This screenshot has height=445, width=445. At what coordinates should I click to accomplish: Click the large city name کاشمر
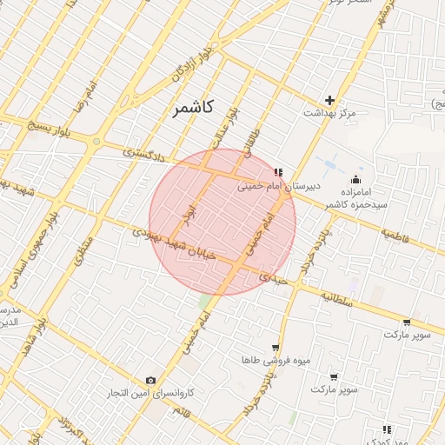[x=188, y=108]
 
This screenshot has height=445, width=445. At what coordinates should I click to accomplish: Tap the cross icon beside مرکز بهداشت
[x=329, y=100]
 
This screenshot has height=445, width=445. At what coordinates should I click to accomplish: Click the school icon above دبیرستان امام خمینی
[x=277, y=173]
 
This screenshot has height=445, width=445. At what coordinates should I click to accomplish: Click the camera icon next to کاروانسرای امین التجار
[x=151, y=381]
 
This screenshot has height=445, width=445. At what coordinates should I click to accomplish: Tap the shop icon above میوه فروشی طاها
[x=276, y=347]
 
